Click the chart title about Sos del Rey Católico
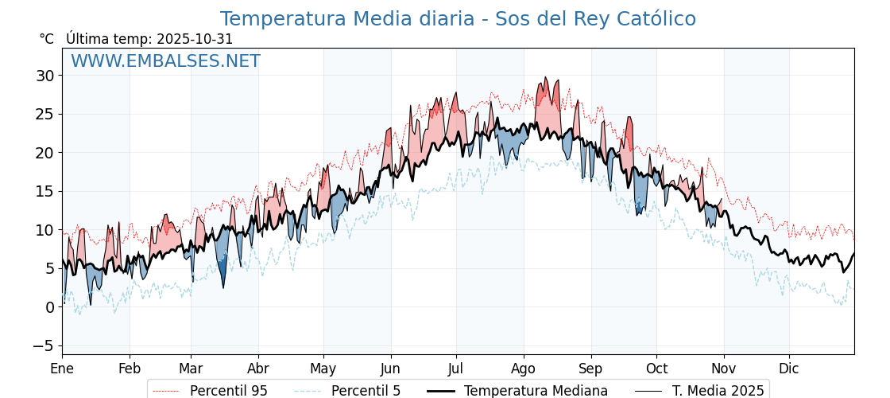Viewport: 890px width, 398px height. [458, 19]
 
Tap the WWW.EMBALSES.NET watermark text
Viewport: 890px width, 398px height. [165, 61]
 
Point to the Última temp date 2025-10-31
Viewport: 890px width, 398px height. [195, 39]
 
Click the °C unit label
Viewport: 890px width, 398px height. [46, 39]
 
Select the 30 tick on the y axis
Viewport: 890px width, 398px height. [44, 76]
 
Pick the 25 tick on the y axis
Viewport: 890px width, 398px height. [44, 114]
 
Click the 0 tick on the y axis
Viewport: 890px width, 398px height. [49, 307]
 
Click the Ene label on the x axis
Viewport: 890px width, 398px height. [62, 369]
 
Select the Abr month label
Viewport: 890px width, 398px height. [258, 369]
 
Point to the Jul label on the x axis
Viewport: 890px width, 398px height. [456, 369]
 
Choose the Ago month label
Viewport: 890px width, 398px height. [523, 369]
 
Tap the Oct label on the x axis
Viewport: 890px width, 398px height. [656, 369]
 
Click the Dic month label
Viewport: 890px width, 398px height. [789, 369]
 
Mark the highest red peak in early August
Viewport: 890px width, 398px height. [545, 78]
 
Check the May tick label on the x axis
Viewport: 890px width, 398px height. [323, 369]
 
